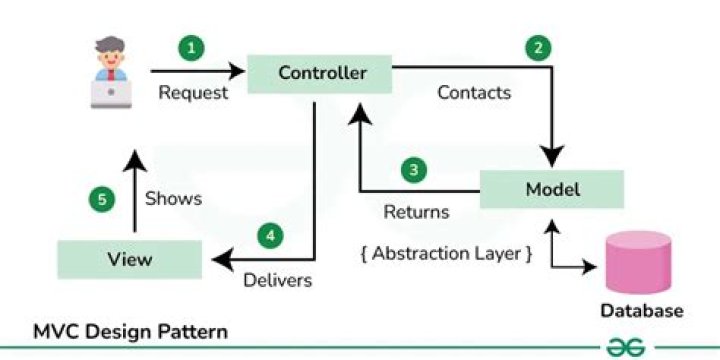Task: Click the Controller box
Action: [x=322, y=73]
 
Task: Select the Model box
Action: [x=551, y=189]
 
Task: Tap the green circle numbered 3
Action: [x=414, y=170]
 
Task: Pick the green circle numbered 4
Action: [x=269, y=236]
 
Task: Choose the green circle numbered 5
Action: [x=99, y=199]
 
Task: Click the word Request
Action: [x=193, y=93]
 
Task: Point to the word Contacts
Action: [x=474, y=93]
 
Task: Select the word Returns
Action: [x=416, y=212]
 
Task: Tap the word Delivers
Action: [x=278, y=280]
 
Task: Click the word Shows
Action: [x=173, y=198]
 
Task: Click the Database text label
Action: [x=641, y=311]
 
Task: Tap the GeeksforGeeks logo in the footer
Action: [x=624, y=345]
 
